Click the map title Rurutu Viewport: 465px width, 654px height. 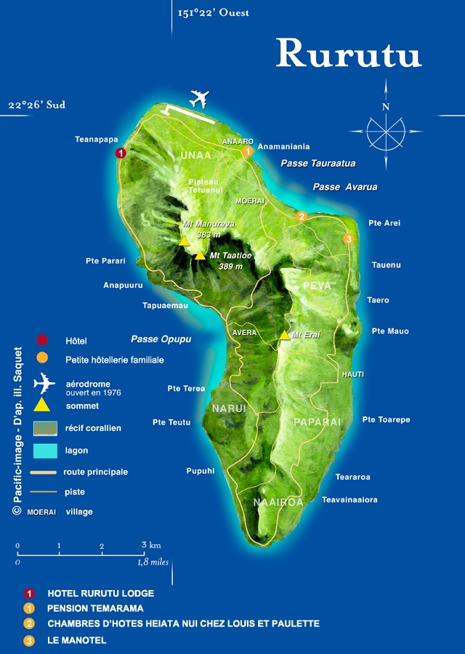tap(348, 53)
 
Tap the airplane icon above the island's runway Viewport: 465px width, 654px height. tap(199, 99)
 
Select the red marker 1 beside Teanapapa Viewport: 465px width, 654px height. tap(121, 153)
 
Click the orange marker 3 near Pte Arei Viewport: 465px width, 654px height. tap(349, 239)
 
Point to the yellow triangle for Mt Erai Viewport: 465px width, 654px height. tap(284, 335)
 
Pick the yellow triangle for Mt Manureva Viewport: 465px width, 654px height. tap(185, 241)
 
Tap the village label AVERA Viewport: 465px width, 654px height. tap(245, 333)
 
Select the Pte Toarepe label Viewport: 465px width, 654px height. tap(386, 420)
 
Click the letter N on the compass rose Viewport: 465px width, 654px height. tap(386, 107)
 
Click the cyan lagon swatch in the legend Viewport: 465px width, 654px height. tap(44, 451)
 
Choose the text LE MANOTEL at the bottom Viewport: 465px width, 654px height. tap(76, 640)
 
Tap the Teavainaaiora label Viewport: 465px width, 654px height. tap(349, 500)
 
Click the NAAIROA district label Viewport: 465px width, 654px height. tap(278, 502)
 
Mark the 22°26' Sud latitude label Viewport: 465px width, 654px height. tap(37, 105)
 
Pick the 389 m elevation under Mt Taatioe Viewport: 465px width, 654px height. tap(230, 267)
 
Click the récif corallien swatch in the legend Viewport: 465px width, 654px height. tap(44, 429)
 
